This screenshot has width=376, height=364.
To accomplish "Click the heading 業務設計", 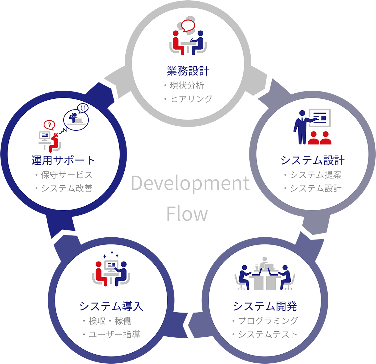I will [x=188, y=71].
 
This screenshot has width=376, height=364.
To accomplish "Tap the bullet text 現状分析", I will [x=187, y=85].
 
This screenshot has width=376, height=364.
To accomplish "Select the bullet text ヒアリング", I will [x=191, y=99].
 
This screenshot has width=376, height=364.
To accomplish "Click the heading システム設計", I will [x=312, y=160].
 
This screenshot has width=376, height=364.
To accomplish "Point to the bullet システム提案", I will [x=316, y=175].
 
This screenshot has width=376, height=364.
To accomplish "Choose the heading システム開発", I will [x=265, y=306].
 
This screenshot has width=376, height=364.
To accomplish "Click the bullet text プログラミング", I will [x=268, y=321].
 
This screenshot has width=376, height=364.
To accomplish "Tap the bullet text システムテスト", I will [x=268, y=335].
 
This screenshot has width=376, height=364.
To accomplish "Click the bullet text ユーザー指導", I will [x=114, y=335].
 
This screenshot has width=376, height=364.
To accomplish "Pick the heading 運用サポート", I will [x=63, y=160].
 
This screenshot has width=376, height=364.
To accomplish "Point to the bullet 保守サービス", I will [x=66, y=175].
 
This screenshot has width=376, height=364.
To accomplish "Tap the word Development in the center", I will [x=190, y=183].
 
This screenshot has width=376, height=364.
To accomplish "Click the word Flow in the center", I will [x=187, y=214].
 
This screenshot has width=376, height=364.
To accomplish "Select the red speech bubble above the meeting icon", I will [x=188, y=25].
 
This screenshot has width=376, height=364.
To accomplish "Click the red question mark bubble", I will [x=49, y=125].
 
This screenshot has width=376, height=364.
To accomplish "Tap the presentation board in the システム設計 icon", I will [x=319, y=118].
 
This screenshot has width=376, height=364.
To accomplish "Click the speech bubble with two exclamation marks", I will [x=83, y=108].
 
